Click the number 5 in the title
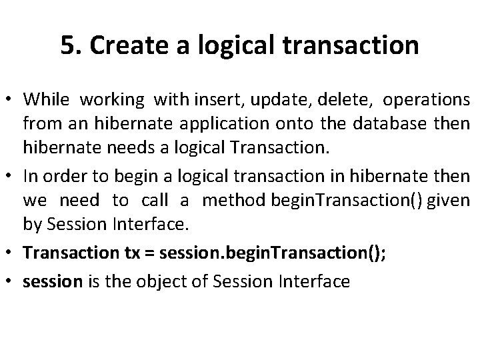point(66,46)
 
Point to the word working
point(112,100)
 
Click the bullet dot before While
point(11,100)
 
